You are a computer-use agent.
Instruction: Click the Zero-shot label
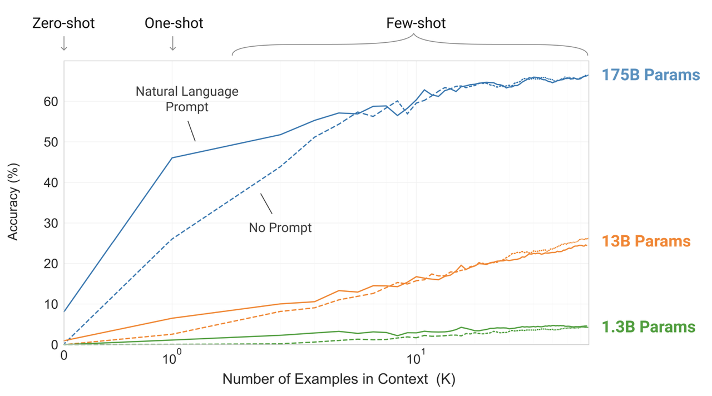pyautogui.click(x=63, y=23)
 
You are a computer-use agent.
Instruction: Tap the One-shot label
pyautogui.click(x=174, y=23)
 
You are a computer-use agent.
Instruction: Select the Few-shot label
pyautogui.click(x=416, y=23)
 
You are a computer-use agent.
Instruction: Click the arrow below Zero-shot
pyautogui.click(x=64, y=43)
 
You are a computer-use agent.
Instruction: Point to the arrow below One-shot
pyautogui.click(x=172, y=43)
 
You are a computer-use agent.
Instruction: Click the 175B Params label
pyautogui.click(x=650, y=75)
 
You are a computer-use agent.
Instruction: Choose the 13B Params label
pyautogui.click(x=646, y=241)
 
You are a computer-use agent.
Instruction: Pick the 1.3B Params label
pyautogui.click(x=648, y=326)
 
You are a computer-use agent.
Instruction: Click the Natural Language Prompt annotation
pyautogui.click(x=187, y=98)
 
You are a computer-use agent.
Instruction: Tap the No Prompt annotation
pyautogui.click(x=280, y=227)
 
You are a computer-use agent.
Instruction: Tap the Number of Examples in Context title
pyautogui.click(x=339, y=379)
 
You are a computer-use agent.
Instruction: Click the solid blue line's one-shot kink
pyautogui.click(x=172, y=158)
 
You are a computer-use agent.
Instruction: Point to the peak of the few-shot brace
pyautogui.click(x=414, y=35)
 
